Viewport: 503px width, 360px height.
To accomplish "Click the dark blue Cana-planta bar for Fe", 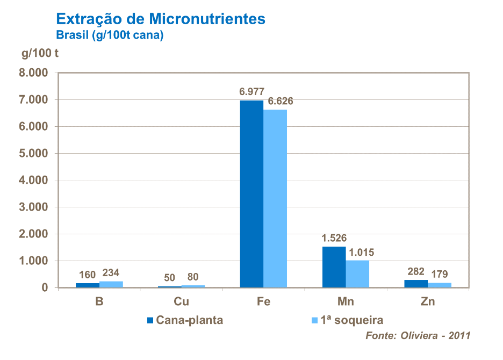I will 251,193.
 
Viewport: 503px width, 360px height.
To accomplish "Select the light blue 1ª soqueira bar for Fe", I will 275,199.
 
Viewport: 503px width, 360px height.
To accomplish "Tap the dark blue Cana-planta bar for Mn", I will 334,267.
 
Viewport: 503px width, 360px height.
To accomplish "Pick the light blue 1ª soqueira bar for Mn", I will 357,274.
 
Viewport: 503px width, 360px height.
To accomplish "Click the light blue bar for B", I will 111,284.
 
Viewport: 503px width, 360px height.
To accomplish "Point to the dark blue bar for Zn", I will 416,284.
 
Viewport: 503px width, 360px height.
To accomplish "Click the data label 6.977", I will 252,92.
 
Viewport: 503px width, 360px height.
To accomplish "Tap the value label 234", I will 112,273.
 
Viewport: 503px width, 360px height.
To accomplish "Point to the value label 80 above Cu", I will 193,277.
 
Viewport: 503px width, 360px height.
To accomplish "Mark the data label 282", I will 416,271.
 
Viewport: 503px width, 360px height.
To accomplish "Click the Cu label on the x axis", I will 182,302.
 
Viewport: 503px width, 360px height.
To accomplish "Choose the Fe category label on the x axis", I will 263,302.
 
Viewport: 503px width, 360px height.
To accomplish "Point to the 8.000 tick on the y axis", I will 33,73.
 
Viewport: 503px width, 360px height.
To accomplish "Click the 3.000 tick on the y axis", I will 33,207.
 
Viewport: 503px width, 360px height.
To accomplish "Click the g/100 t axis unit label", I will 40,53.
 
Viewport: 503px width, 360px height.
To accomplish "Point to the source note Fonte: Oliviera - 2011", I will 418,336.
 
